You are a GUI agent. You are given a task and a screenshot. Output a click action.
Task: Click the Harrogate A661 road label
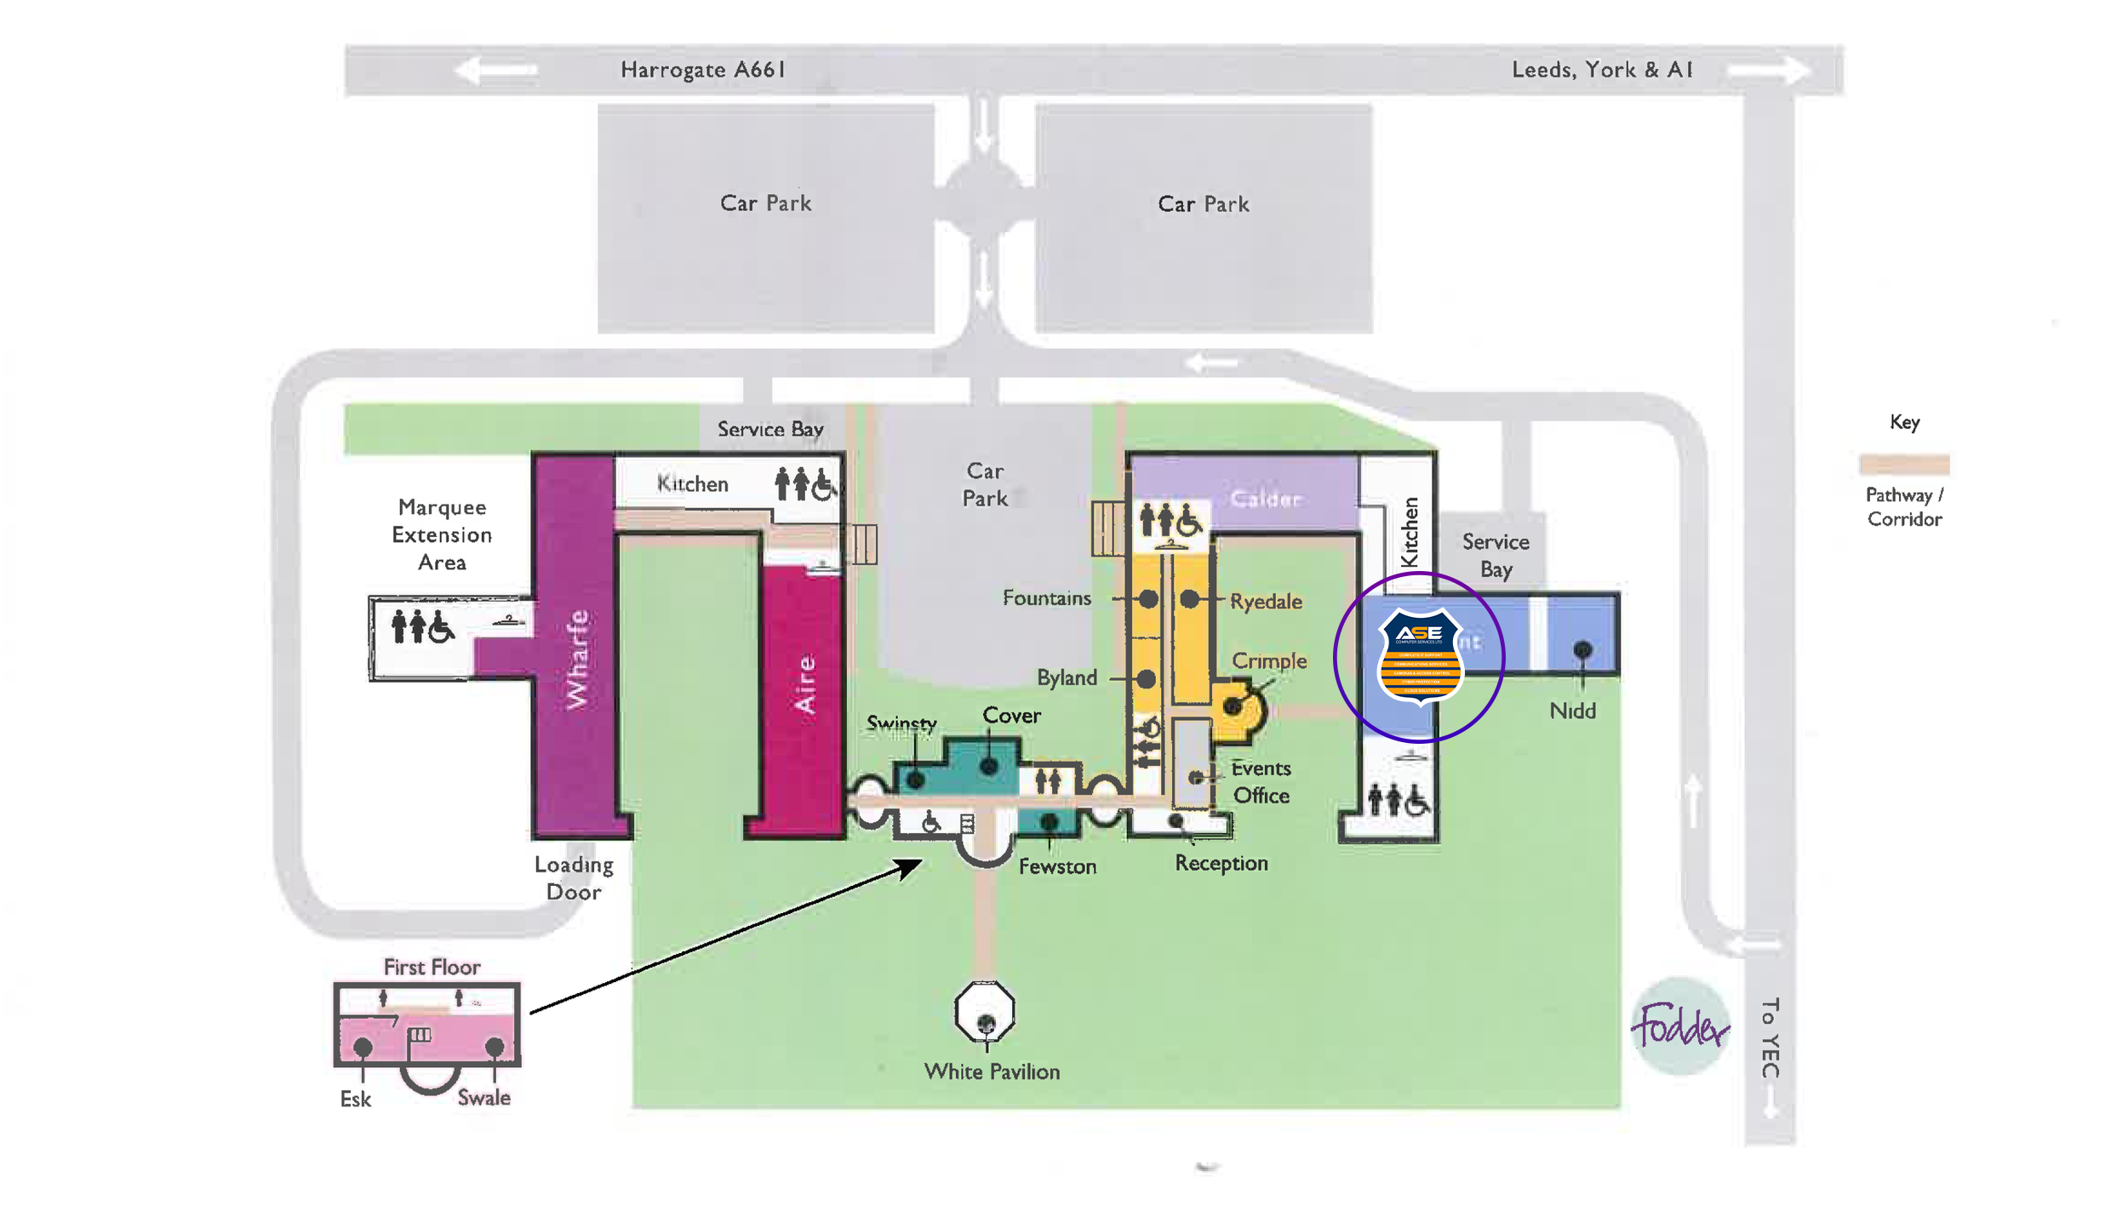coord(702,69)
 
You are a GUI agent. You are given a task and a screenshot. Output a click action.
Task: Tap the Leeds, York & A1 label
coord(1601,69)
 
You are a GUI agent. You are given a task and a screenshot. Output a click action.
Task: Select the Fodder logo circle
coord(1680,1026)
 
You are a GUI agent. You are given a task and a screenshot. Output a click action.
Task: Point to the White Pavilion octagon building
coord(985,1012)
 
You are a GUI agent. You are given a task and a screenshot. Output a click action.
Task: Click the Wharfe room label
coord(578,659)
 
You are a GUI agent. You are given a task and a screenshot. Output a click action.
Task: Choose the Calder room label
coord(1266,499)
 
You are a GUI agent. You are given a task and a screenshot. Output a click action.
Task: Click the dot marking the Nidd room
coord(1582,650)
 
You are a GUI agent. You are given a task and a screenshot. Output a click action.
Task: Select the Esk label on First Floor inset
coord(355,1100)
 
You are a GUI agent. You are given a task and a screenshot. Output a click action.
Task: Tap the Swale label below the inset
coord(483,1098)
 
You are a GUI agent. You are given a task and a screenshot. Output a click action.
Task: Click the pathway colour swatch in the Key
coord(1904,464)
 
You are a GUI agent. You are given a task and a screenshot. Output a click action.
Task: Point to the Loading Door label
coord(574,878)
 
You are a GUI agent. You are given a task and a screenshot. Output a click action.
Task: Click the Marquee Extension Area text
coord(442,534)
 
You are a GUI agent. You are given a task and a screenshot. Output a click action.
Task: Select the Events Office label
coord(1261,781)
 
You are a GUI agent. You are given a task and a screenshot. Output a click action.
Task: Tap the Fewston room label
coord(1057,866)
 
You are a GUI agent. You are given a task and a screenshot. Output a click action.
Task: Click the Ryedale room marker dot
coord(1190,599)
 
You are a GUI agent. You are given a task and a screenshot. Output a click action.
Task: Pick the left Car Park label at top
coord(765,203)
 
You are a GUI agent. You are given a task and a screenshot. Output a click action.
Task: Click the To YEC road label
coord(1770,1037)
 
